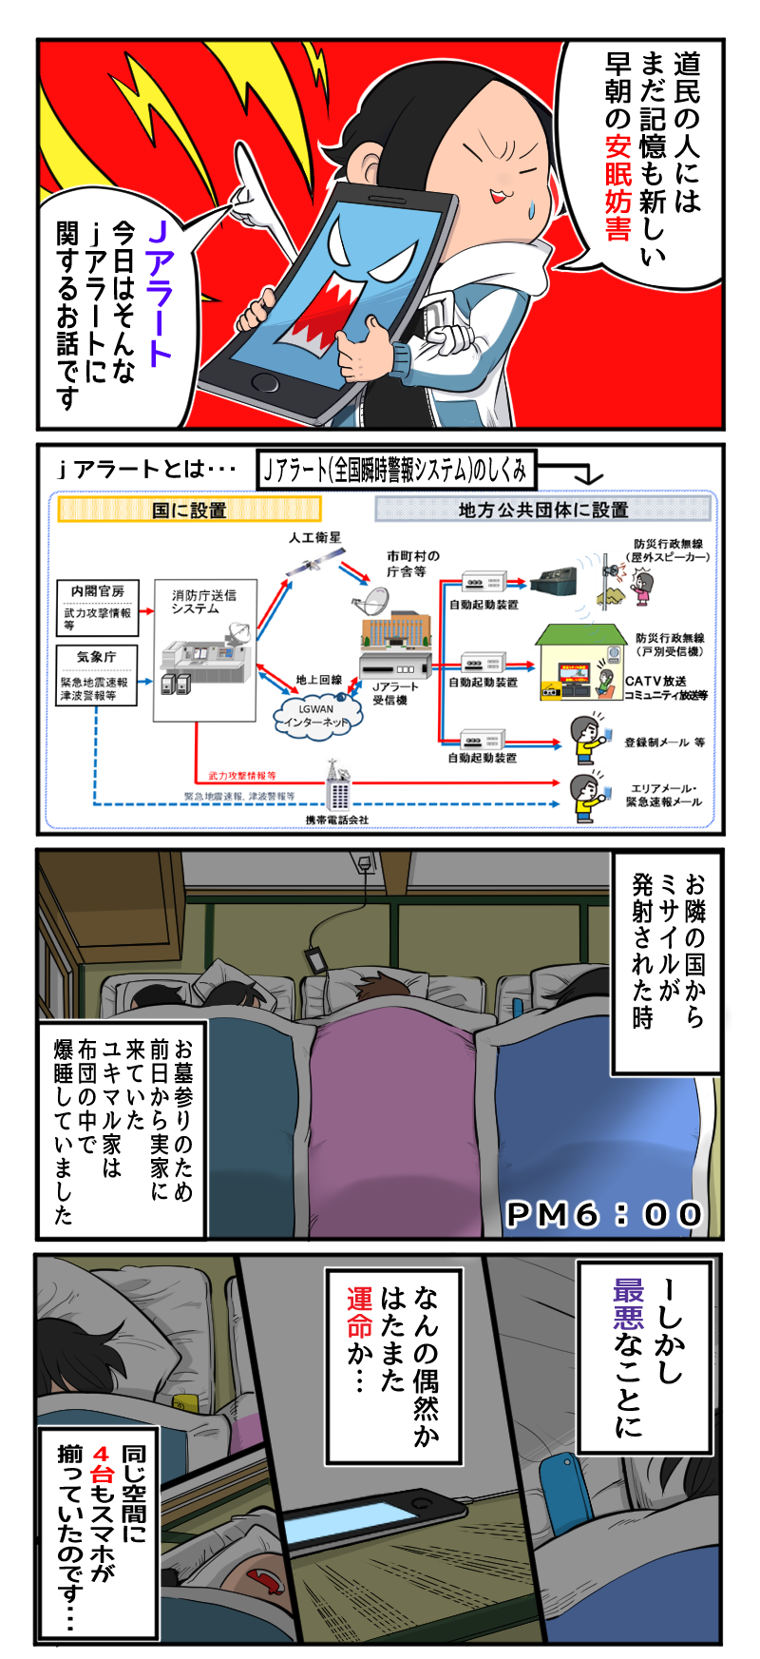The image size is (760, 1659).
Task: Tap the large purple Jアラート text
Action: click(x=159, y=292)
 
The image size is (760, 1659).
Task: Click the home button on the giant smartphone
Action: click(x=265, y=383)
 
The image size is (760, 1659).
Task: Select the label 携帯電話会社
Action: click(x=337, y=819)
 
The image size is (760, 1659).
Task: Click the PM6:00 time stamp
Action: click(x=604, y=1214)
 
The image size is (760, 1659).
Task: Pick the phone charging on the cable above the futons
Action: click(x=314, y=959)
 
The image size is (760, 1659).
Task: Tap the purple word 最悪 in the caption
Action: click(x=628, y=1302)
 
